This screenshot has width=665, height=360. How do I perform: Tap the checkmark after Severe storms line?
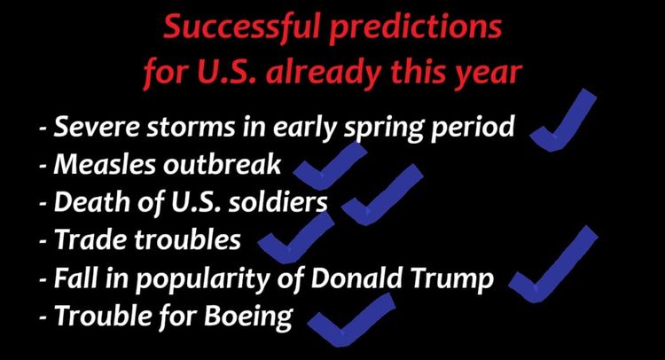click(x=564, y=125)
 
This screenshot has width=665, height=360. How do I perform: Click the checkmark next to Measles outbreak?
click(x=328, y=165)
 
